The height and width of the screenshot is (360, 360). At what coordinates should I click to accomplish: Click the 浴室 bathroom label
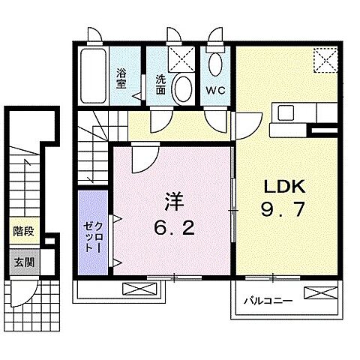point(121,77)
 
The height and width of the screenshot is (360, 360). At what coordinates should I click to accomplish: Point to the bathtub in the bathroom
point(91,76)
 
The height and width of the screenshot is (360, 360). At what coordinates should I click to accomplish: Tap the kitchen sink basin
point(286,113)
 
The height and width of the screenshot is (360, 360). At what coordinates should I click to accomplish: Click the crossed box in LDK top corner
point(325,57)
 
